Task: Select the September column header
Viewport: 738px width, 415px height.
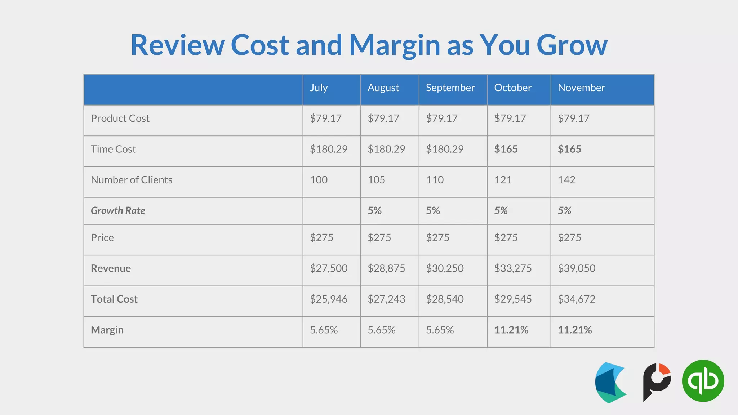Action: (450, 88)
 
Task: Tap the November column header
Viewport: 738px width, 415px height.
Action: (581, 88)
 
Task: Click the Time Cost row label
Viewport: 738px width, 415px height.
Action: (113, 149)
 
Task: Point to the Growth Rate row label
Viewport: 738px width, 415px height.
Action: (118, 211)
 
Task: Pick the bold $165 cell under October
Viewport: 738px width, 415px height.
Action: (506, 149)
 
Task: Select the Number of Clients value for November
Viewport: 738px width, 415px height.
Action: (566, 180)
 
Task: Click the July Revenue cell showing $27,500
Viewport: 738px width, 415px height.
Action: (328, 268)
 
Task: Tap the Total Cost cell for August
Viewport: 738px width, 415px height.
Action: (386, 299)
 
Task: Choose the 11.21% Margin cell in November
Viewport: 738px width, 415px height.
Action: (574, 330)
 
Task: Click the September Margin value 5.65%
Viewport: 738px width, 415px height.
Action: (440, 330)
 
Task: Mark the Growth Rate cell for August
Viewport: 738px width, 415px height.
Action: (374, 211)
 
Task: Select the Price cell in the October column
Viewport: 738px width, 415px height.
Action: (506, 238)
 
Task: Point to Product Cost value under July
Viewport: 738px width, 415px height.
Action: (325, 119)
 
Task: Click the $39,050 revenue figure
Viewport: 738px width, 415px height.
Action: (576, 268)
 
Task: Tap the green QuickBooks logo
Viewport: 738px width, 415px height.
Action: (703, 381)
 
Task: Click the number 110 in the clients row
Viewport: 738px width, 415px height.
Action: (435, 180)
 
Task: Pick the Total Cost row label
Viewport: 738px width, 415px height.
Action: (114, 299)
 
